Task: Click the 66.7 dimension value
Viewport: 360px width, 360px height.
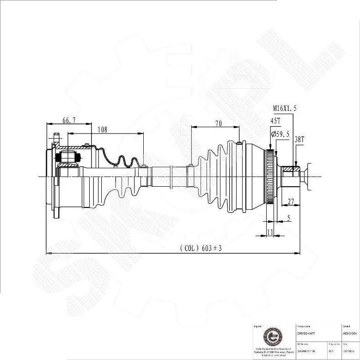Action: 69,120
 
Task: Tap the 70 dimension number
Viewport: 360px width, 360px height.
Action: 218,123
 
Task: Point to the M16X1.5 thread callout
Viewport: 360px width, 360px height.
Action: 284,108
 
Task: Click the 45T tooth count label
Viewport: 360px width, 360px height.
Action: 275,121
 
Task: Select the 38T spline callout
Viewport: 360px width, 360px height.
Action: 299,139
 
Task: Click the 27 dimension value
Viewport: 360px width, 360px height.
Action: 291,201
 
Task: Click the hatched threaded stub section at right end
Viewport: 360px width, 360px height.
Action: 291,170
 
